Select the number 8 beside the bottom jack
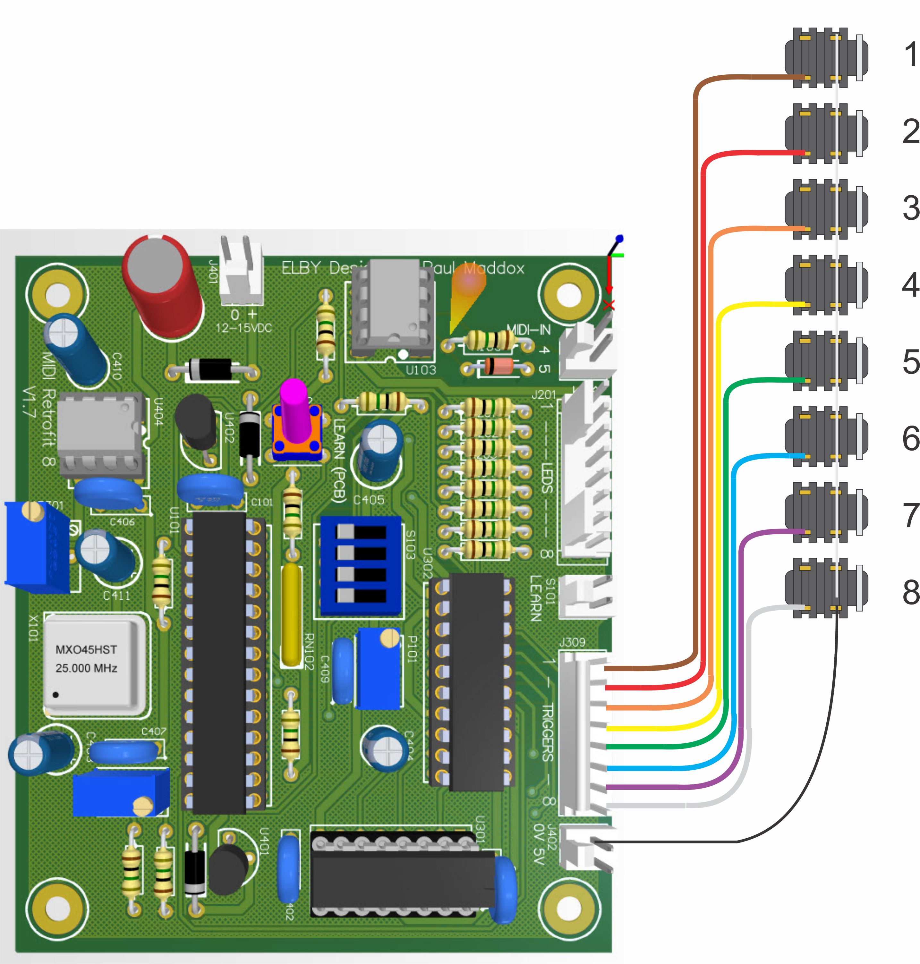[910, 592]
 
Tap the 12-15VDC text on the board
[244, 328]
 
